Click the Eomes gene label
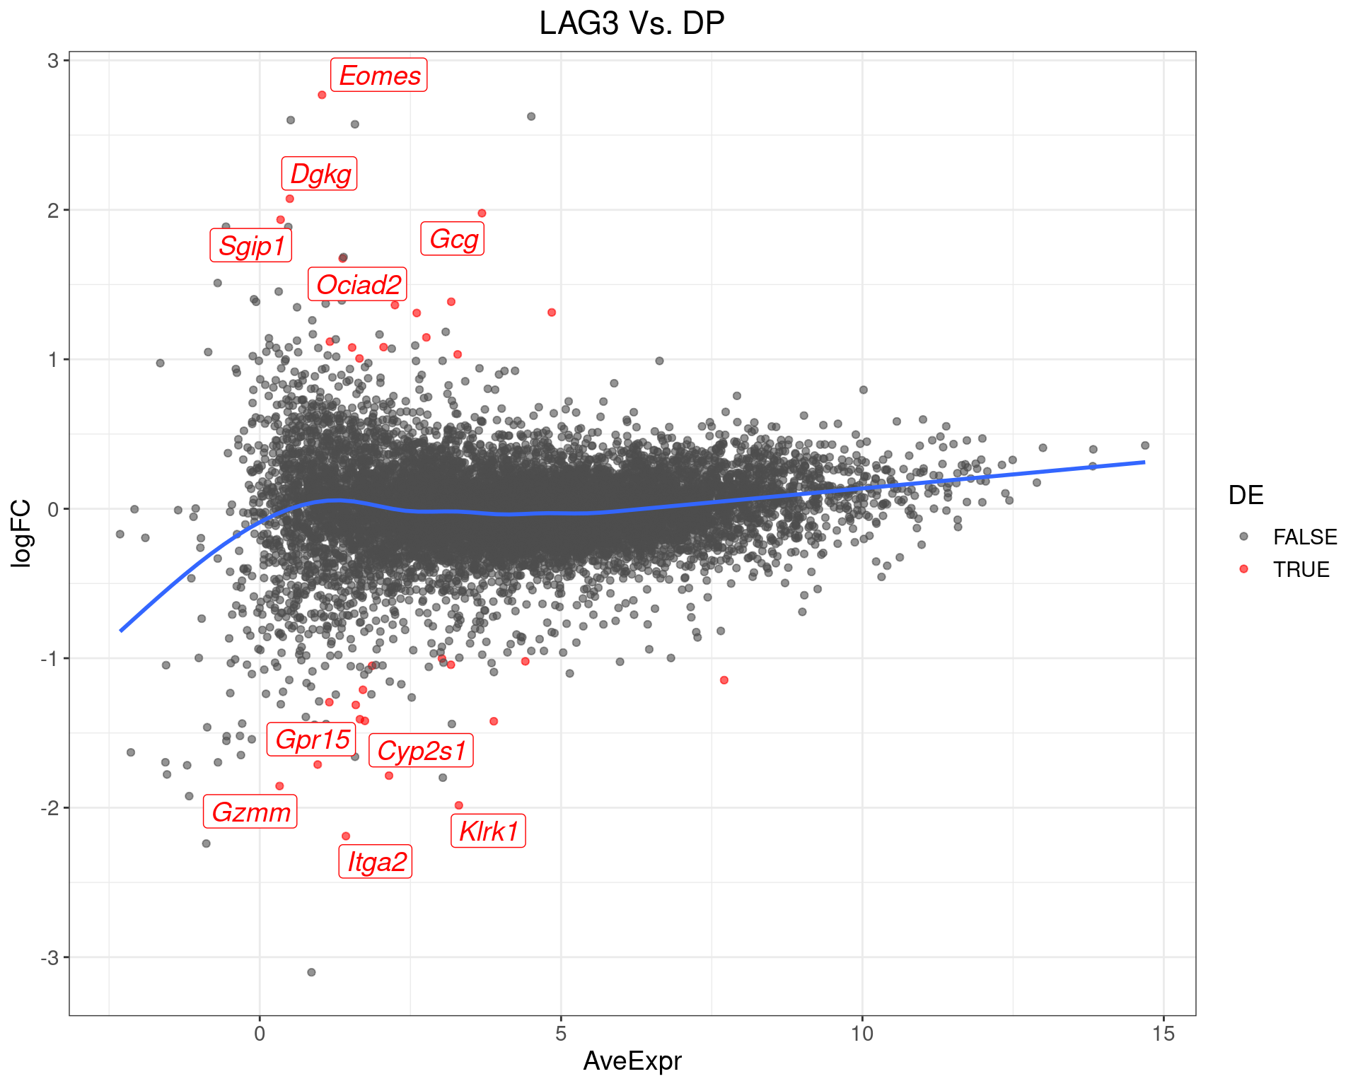pyautogui.click(x=379, y=76)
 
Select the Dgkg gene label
pyautogui.click(x=320, y=174)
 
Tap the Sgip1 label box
pyautogui.click(x=251, y=246)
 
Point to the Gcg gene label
pyautogui.click(x=453, y=239)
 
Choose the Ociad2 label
pyautogui.click(x=358, y=284)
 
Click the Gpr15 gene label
pyautogui.click(x=312, y=740)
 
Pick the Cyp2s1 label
pyautogui.click(x=422, y=751)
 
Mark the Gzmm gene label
pyautogui.click(x=250, y=812)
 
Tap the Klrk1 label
pyautogui.click(x=489, y=831)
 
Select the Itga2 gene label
pyautogui.click(x=376, y=862)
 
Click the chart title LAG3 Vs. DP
pyautogui.click(x=632, y=24)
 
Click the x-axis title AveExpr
pyautogui.click(x=632, y=1061)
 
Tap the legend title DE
pyautogui.click(x=1246, y=496)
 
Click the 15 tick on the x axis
pyautogui.click(x=1163, y=1034)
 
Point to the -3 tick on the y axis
pyautogui.click(x=49, y=958)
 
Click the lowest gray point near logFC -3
pyautogui.click(x=311, y=972)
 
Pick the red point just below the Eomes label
pyautogui.click(x=322, y=95)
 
